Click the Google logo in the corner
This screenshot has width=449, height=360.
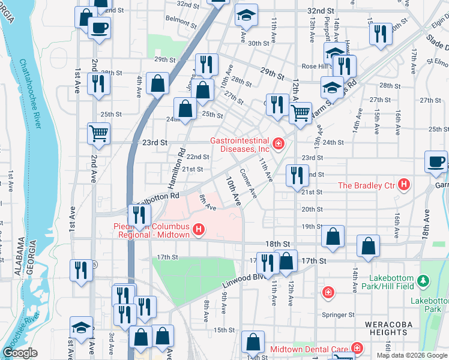(x=20, y=353)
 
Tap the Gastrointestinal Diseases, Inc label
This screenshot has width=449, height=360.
(x=239, y=145)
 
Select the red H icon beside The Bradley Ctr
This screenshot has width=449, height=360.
(x=405, y=185)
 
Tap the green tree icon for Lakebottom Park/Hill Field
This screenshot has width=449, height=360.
(x=424, y=281)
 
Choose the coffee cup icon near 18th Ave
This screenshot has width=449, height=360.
(x=436, y=161)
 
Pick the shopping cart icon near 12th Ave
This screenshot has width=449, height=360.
(x=300, y=112)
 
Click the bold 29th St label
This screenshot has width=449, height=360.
(x=272, y=71)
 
